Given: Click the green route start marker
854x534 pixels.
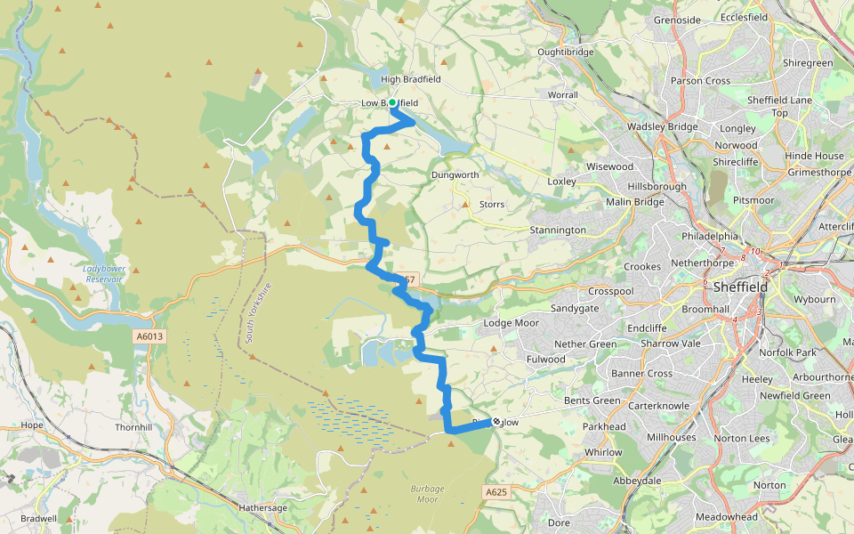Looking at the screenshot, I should pyautogui.click(x=392, y=103).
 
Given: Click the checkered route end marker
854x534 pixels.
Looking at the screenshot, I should pyautogui.click(x=495, y=422).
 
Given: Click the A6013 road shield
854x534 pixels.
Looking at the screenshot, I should pyautogui.click(x=151, y=336).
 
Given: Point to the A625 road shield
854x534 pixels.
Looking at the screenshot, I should pyautogui.click(x=496, y=492).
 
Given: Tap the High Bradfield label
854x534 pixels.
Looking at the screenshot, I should pyautogui.click(x=411, y=79).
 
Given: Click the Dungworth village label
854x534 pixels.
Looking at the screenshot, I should pyautogui.click(x=455, y=175).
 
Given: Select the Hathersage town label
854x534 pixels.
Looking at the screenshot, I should pyautogui.click(x=263, y=507).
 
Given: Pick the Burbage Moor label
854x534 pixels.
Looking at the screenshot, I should pyautogui.click(x=427, y=493).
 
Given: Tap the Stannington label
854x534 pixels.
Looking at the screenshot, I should pyautogui.click(x=558, y=230).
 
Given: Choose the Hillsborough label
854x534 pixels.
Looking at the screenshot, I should pyautogui.click(x=657, y=187).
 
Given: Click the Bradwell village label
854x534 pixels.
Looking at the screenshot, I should pyautogui.click(x=38, y=518).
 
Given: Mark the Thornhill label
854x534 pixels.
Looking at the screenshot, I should pyautogui.click(x=136, y=427).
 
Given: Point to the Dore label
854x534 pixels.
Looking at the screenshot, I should pyautogui.click(x=559, y=522).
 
